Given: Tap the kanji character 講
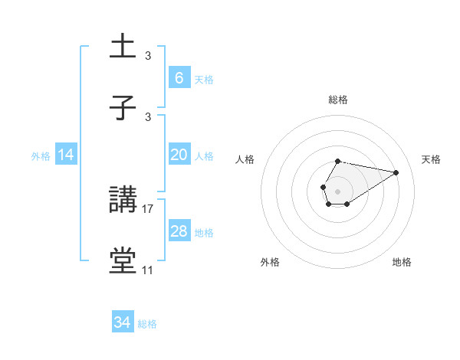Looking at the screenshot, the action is (x=123, y=201).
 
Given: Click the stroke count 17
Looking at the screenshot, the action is (x=148, y=208).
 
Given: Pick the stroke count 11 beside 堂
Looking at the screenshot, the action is (x=148, y=270).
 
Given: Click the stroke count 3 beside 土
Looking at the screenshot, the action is (x=148, y=55).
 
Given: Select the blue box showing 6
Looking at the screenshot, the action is (x=179, y=78).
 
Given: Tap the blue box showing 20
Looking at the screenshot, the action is (x=179, y=155).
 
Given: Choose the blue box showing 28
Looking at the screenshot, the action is (x=179, y=231).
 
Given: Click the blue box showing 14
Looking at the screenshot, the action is (x=66, y=155).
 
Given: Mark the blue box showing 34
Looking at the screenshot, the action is (x=123, y=323).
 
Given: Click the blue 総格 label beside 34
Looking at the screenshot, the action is (x=147, y=324).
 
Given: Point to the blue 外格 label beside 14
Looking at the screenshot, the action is (x=41, y=155).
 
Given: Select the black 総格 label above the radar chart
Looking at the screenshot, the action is (x=337, y=100).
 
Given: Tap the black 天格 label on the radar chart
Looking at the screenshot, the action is (x=431, y=159).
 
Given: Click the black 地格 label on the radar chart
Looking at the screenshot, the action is (x=402, y=262).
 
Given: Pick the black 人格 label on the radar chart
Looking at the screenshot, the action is (x=245, y=159).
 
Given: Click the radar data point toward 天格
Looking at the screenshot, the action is (x=396, y=172).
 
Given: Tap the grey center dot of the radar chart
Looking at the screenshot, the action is (x=337, y=190).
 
